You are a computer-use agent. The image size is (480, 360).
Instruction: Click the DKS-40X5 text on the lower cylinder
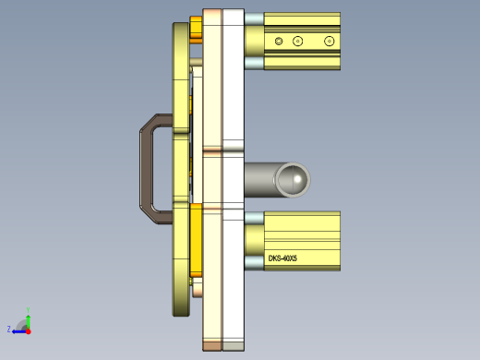point(282,258)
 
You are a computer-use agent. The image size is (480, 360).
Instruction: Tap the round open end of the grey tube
point(294,179)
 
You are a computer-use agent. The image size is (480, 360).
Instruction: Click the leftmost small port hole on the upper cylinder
point(279,41)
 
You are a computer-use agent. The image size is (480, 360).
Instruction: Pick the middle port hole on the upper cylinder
point(297,41)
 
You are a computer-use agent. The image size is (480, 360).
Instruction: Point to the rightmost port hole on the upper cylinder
point(329,41)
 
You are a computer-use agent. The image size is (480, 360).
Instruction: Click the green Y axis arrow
point(28,318)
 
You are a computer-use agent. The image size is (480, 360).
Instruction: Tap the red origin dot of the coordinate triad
point(28,329)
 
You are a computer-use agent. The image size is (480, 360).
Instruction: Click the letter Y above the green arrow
point(29,309)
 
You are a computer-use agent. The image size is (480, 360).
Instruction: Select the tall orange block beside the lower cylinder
point(196,240)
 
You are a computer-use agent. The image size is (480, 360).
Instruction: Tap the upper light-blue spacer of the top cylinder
point(254,19)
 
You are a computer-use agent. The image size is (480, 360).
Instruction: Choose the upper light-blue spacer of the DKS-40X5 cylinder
point(254,218)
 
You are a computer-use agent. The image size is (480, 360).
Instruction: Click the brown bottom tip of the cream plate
point(212,346)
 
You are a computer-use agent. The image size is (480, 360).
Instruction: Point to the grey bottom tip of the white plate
point(234,346)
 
